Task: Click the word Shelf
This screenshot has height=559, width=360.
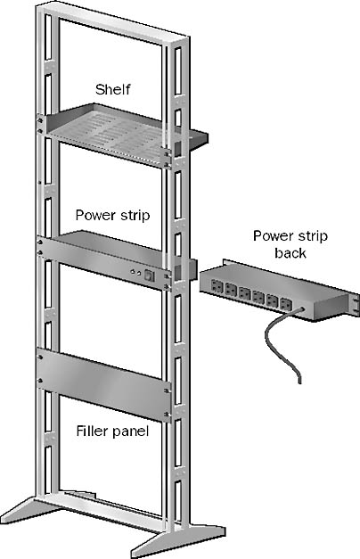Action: [112, 89]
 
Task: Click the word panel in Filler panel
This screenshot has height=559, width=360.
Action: [130, 432]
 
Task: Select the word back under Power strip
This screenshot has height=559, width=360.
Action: [290, 253]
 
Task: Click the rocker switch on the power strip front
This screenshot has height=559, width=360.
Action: [149, 275]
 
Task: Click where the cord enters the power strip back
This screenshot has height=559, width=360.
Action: [303, 309]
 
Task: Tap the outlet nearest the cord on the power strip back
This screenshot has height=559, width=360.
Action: [286, 304]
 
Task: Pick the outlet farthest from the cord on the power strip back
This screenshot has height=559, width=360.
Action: [217, 285]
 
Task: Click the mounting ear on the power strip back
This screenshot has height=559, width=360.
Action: [355, 304]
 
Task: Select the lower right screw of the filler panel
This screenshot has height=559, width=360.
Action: [167, 415]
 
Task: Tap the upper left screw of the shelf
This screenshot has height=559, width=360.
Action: [40, 120]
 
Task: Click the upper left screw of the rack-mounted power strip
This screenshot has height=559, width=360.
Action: [40, 243]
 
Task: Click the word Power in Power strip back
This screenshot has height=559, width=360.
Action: [271, 235]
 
